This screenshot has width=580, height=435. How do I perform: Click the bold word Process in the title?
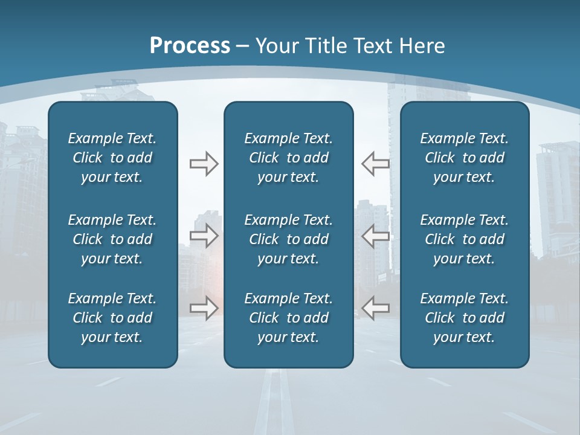click(x=190, y=46)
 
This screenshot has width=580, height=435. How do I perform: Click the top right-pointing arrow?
click(x=204, y=164)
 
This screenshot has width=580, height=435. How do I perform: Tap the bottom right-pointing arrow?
click(x=204, y=308)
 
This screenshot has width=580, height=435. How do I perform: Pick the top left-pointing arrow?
click(x=375, y=164)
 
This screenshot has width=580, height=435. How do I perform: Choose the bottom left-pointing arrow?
click(x=375, y=308)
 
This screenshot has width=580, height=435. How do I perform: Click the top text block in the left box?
click(x=112, y=158)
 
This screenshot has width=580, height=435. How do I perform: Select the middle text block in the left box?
click(x=112, y=239)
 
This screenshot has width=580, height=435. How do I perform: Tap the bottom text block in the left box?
click(x=112, y=318)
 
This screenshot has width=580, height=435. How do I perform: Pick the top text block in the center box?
click(x=288, y=158)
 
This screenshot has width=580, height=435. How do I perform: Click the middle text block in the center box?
click(x=288, y=239)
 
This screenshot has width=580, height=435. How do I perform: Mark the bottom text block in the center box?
click(x=288, y=318)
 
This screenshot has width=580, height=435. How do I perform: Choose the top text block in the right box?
click(x=465, y=158)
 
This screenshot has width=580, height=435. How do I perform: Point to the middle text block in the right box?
click(x=465, y=239)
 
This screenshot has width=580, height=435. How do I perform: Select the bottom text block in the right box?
click(x=465, y=318)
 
